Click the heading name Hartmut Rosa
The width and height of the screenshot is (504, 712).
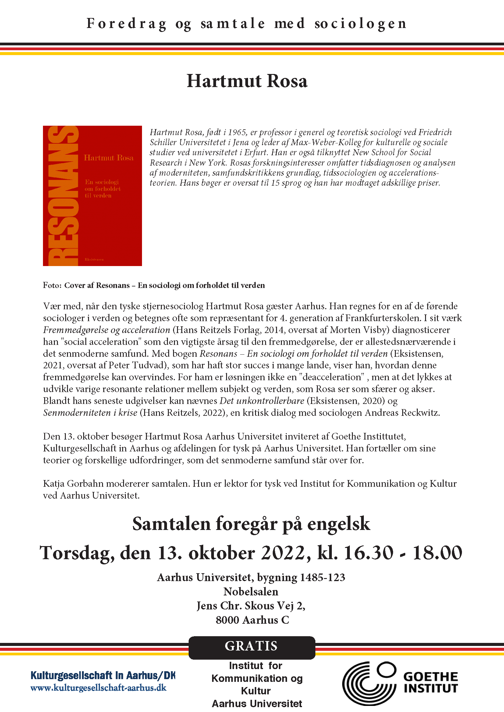point(247,81)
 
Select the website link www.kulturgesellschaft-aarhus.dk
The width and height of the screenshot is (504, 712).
point(98,688)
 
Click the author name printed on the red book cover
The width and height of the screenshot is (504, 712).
point(108,158)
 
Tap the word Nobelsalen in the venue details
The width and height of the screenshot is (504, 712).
point(251,591)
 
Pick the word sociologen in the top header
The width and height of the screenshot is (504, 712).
point(360,24)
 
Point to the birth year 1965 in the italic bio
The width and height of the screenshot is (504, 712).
point(237,132)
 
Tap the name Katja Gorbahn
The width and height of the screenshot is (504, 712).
point(69,483)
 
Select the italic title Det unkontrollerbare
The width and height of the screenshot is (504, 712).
point(262,401)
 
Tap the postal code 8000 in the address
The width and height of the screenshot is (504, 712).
point(228,620)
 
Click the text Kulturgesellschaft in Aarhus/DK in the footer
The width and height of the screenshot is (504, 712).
point(103,675)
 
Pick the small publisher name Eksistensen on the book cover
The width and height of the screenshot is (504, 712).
point(94,259)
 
